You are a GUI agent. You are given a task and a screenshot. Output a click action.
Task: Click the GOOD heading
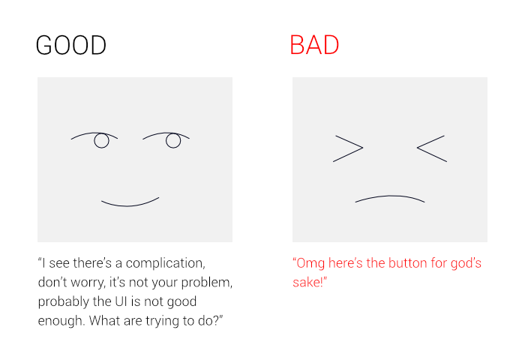(x=71, y=45)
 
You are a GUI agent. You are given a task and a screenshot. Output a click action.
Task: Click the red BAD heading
(x=314, y=45)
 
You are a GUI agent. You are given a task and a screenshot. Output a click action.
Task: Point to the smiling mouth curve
(x=130, y=205)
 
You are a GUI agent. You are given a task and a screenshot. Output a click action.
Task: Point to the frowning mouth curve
(x=390, y=196)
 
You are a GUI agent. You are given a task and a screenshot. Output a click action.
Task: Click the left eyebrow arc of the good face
(x=94, y=133)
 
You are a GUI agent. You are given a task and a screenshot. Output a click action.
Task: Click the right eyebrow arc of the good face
(x=166, y=133)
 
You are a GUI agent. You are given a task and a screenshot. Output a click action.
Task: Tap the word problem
(x=206, y=283)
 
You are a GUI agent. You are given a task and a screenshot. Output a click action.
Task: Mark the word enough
(x=61, y=321)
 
